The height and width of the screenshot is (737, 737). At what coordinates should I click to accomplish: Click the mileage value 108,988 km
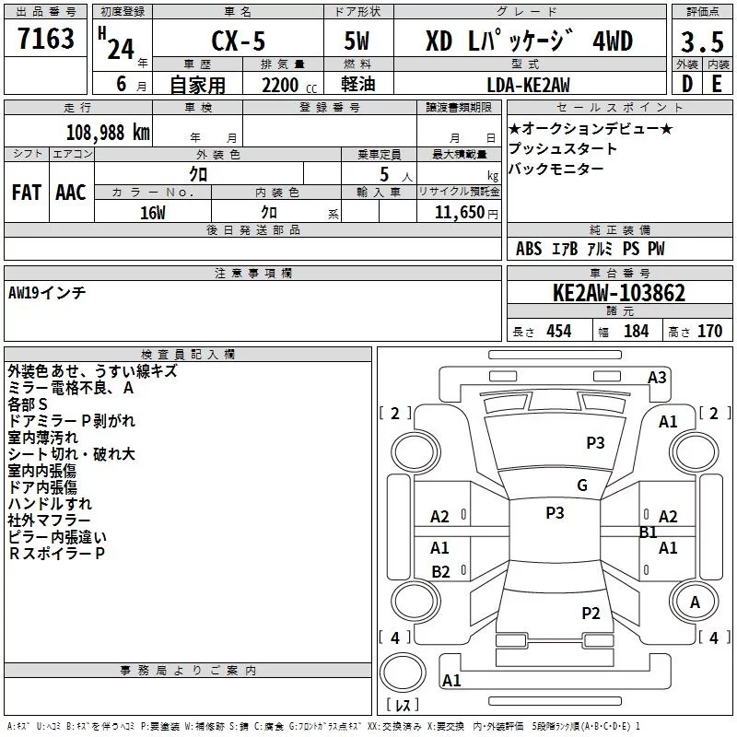click(x=108, y=133)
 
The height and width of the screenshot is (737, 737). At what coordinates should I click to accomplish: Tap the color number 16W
click(x=153, y=213)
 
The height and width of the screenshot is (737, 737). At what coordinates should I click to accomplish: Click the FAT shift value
click(x=26, y=193)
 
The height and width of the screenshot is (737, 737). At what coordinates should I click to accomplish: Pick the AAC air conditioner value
click(x=70, y=193)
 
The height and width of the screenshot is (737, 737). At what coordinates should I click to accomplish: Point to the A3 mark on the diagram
click(x=657, y=377)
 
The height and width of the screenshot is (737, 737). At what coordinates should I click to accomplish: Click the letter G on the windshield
click(x=582, y=485)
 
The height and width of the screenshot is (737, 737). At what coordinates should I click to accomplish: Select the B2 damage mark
click(x=440, y=572)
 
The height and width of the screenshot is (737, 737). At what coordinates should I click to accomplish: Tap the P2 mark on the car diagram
click(x=591, y=613)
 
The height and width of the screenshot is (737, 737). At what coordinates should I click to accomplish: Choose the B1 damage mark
click(x=648, y=532)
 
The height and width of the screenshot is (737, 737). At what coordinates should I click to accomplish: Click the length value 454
click(x=559, y=332)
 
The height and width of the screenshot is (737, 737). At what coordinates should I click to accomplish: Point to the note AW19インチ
click(x=47, y=293)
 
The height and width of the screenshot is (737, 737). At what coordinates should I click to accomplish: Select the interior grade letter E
click(x=717, y=85)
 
